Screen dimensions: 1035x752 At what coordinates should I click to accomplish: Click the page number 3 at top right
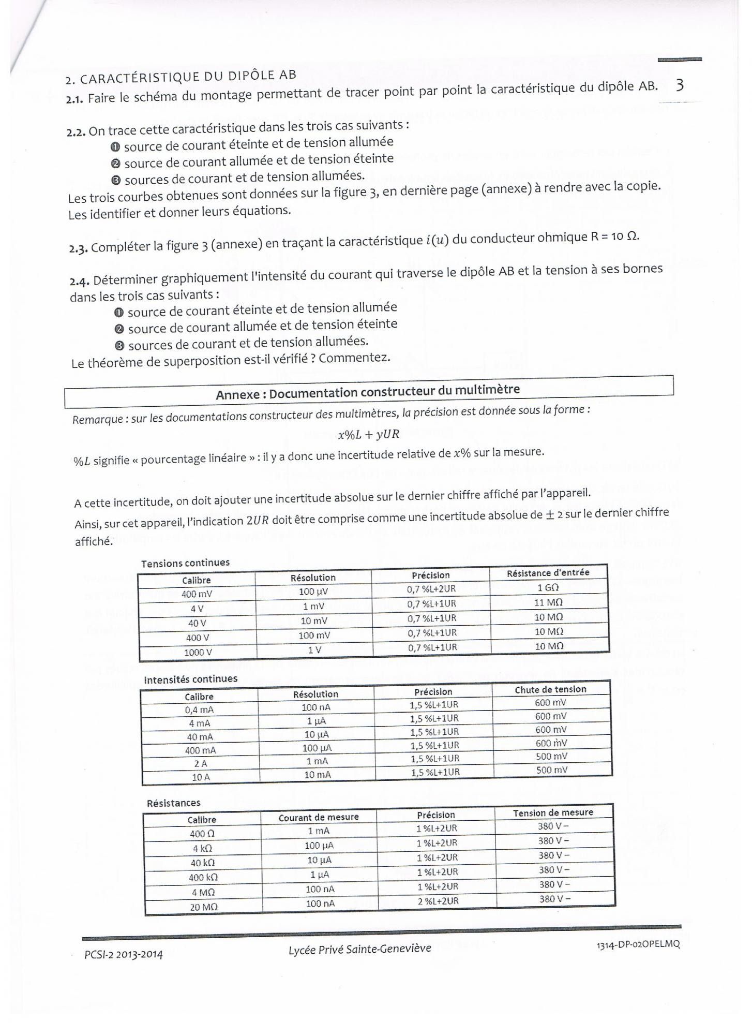(x=680, y=85)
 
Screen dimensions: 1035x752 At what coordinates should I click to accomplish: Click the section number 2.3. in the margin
(x=79, y=248)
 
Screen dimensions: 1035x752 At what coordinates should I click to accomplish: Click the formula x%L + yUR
(x=369, y=434)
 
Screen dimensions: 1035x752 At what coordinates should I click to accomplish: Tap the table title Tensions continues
(x=185, y=563)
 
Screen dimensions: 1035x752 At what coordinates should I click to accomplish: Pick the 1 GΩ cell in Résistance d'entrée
(x=548, y=587)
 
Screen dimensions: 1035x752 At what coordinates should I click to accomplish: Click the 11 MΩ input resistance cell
(x=548, y=602)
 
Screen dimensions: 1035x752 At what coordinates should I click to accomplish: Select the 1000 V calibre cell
(x=198, y=653)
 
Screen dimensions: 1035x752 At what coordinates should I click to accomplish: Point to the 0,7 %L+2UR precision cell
(x=431, y=589)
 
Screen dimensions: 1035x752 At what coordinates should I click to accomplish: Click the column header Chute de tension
(x=550, y=689)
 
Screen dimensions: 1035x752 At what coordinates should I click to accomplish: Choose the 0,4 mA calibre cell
(x=199, y=710)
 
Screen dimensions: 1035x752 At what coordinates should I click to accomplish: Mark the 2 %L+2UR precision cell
(x=438, y=901)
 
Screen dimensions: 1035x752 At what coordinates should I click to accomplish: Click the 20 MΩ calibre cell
(x=203, y=907)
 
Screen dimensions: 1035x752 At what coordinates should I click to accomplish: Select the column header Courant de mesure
(x=319, y=817)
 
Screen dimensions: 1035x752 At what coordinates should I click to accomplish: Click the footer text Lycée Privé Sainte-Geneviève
(x=360, y=949)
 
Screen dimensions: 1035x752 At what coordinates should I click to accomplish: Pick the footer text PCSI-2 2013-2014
(x=124, y=954)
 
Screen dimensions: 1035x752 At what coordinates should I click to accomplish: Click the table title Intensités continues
(x=190, y=679)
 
